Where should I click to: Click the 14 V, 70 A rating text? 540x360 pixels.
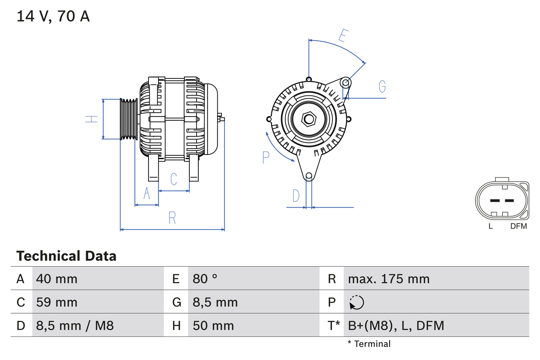click(53, 16)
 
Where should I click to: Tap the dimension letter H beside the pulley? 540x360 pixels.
click(92, 119)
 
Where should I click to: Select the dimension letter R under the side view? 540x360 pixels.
click(172, 218)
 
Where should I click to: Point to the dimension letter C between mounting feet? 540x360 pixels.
click(174, 179)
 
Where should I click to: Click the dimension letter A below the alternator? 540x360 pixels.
click(147, 193)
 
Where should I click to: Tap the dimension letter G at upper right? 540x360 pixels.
click(382, 86)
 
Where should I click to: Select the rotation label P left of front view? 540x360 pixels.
click(265, 157)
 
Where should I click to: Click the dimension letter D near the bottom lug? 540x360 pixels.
click(296, 196)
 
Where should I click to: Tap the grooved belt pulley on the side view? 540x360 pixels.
click(129, 119)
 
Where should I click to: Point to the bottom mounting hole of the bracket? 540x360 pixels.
click(309, 176)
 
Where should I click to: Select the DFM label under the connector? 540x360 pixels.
click(518, 226)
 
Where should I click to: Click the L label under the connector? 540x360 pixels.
click(491, 226)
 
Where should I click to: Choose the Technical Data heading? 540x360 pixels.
click(66, 256)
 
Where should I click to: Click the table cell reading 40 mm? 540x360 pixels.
click(57, 279)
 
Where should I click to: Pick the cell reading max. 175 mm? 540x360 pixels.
click(389, 279)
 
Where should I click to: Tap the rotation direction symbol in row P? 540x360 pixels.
click(356, 302)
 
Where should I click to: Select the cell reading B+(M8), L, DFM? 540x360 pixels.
click(396, 325)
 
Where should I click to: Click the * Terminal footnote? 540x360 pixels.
click(369, 344)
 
